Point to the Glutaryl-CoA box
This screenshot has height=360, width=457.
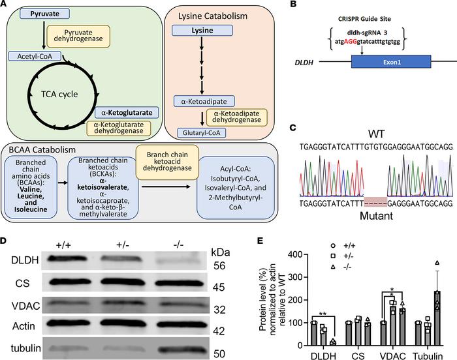(200, 132)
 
